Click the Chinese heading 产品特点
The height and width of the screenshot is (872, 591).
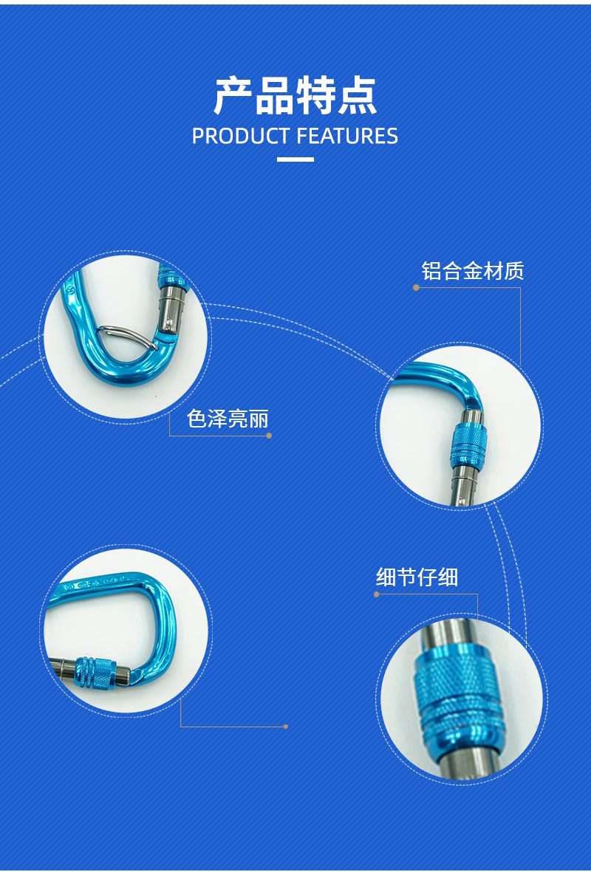click(295, 96)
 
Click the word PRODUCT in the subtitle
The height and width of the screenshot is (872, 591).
click(240, 137)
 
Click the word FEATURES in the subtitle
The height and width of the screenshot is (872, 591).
click(347, 137)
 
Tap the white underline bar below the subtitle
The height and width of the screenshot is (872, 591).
click(295, 159)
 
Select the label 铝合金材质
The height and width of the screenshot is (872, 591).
click(473, 271)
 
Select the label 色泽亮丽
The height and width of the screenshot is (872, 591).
click(228, 419)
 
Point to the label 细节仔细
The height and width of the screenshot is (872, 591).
click(417, 577)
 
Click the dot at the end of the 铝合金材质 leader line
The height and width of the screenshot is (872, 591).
click(416, 287)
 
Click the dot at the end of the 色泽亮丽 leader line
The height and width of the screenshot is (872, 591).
click(270, 436)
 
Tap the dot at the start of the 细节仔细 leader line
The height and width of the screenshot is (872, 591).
click(377, 594)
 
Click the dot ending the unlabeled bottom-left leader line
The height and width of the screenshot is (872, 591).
click(285, 727)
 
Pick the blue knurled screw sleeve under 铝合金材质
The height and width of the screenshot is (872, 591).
click(468, 445)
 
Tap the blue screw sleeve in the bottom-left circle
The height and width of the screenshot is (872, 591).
click(95, 672)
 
